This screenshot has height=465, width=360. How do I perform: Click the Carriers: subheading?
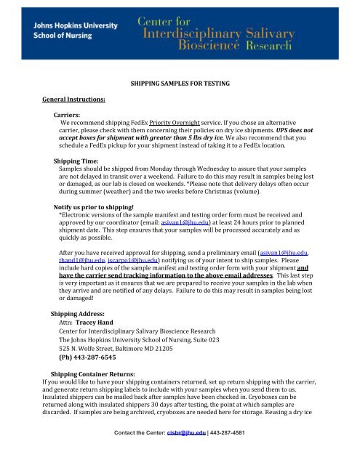pyautogui.click(x=68, y=116)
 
